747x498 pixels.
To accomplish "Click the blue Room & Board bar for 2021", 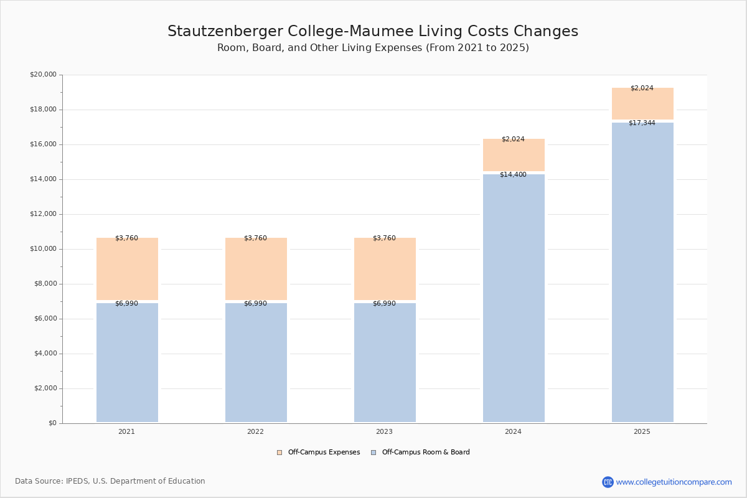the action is tap(127, 362).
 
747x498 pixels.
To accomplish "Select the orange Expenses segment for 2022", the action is tap(256, 269).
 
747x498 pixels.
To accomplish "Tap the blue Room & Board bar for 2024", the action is tap(514, 298).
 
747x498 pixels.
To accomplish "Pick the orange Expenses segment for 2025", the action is tap(642, 103).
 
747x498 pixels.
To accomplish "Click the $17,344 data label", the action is tap(642, 123).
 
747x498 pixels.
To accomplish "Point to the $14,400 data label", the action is tap(513, 174).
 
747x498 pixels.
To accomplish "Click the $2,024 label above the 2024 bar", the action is tap(513, 139).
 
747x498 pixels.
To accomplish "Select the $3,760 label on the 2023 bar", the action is tap(384, 238).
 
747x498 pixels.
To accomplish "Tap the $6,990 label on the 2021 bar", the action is tap(127, 304).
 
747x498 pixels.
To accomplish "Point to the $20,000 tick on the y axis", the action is tap(44, 74).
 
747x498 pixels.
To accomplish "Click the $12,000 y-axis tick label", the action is tap(44, 214).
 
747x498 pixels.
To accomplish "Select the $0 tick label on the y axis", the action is tap(53, 423).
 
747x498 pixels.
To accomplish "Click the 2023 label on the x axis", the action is tap(384, 431).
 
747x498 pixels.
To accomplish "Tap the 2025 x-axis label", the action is tap(642, 431).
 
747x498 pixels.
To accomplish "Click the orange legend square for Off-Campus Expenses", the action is tap(280, 453).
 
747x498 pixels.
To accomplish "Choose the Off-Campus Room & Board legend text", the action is tap(426, 453).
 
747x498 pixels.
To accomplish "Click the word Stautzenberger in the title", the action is tap(225, 31).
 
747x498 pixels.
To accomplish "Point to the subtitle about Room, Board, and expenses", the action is tap(373, 48).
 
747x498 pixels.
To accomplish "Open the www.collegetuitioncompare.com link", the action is tap(674, 482).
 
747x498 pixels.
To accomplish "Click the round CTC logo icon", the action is tap(608, 482).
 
